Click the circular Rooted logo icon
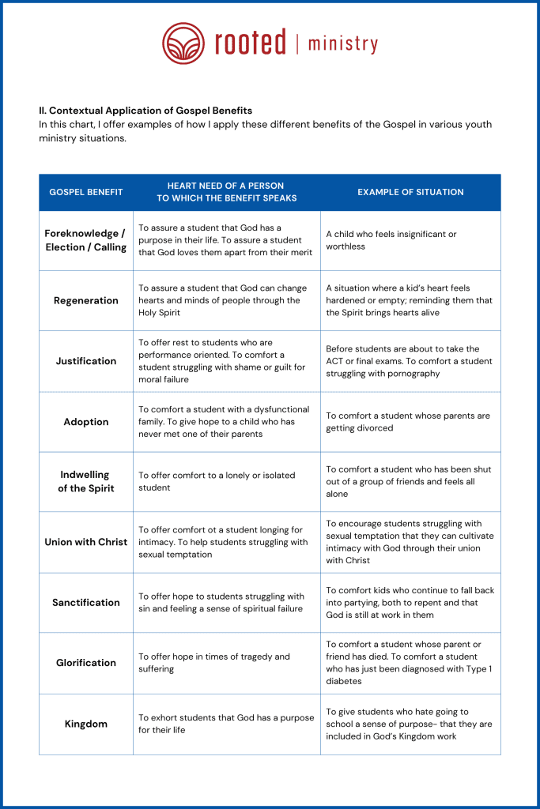183,43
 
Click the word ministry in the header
342,43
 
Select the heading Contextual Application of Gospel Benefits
145,111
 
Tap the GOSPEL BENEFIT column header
86,192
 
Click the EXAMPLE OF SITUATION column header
410,192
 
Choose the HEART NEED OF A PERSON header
226,192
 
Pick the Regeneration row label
86,301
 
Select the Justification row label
86,361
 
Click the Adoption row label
86,422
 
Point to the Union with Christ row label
86,542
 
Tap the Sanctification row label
86,603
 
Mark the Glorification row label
86,663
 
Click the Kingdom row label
86,724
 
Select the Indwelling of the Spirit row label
86,482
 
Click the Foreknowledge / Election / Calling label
86,240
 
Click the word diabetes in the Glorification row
344,681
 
